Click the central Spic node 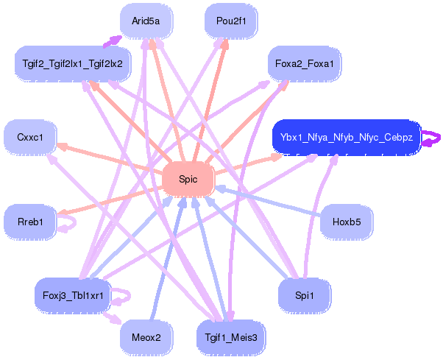[x=188, y=180]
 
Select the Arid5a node [x=146, y=21]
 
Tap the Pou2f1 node [x=230, y=21]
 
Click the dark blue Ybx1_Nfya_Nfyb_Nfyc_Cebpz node [x=346, y=138]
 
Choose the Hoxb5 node [x=346, y=222]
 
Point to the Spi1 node [x=304, y=295]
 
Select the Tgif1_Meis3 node [x=230, y=337]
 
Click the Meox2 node [x=146, y=337]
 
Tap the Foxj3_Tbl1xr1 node [x=72, y=296]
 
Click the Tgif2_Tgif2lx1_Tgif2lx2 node [x=72, y=63]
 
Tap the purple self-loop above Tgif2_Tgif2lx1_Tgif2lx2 [x=112, y=40]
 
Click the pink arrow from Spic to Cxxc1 [x=110, y=159]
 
